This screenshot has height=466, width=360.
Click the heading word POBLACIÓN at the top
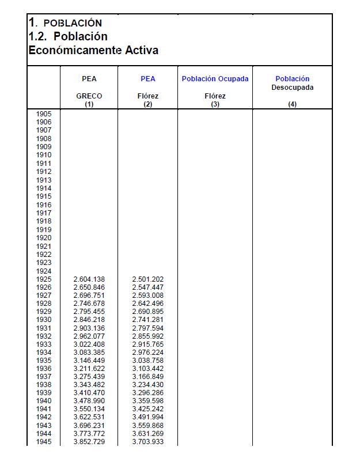coord(73,23)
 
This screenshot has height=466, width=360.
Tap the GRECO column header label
coord(89,96)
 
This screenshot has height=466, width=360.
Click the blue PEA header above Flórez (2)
coord(148,79)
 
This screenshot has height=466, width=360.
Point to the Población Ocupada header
coord(215,79)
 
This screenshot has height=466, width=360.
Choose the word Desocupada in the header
coord(292,88)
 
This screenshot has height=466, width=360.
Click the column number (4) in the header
coord(292,104)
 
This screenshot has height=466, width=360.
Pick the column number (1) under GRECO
coord(89,104)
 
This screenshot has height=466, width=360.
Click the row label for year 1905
coord(44,114)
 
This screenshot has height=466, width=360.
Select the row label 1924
coord(44,271)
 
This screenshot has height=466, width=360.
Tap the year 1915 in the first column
coord(44,196)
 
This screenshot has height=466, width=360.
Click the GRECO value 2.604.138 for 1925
coord(89,279)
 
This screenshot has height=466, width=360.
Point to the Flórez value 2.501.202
coord(148,279)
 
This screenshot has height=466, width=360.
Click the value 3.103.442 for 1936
coord(148,368)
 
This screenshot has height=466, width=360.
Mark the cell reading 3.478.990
coord(89,401)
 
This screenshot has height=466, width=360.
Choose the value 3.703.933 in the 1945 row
coord(148,441)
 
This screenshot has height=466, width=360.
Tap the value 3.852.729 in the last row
coord(89,441)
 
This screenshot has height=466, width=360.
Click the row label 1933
coord(44,344)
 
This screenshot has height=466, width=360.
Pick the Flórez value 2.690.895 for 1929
coord(148,312)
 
